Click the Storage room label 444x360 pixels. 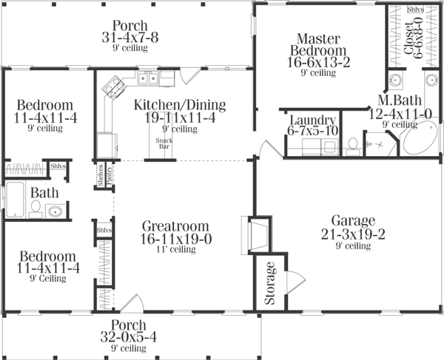pyautogui.click(x=270, y=283)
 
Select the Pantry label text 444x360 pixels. pyautogui.click(x=109, y=177)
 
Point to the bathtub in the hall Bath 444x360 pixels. pyautogui.click(x=15, y=199)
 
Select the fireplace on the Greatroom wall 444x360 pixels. pyautogui.click(x=255, y=234)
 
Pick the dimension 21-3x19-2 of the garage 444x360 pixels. pyautogui.click(x=354, y=234)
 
